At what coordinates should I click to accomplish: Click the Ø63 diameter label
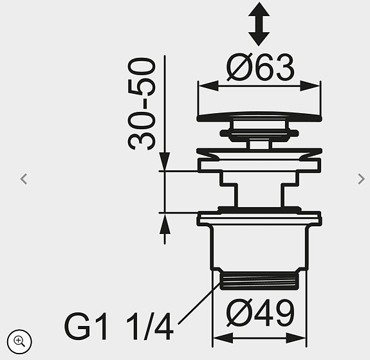coord(260,67)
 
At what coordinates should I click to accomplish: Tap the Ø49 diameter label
coord(260,313)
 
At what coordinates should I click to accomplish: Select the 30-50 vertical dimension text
coord(142,104)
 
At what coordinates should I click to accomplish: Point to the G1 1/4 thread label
coord(118,327)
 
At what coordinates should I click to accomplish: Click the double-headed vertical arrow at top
coord(259,24)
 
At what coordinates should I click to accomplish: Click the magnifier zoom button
coord(19,341)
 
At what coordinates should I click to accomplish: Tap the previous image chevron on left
coord(24,179)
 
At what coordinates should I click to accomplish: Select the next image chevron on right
coord(361,179)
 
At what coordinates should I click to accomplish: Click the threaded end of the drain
coord(259,280)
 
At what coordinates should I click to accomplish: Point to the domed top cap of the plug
coord(259,117)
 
